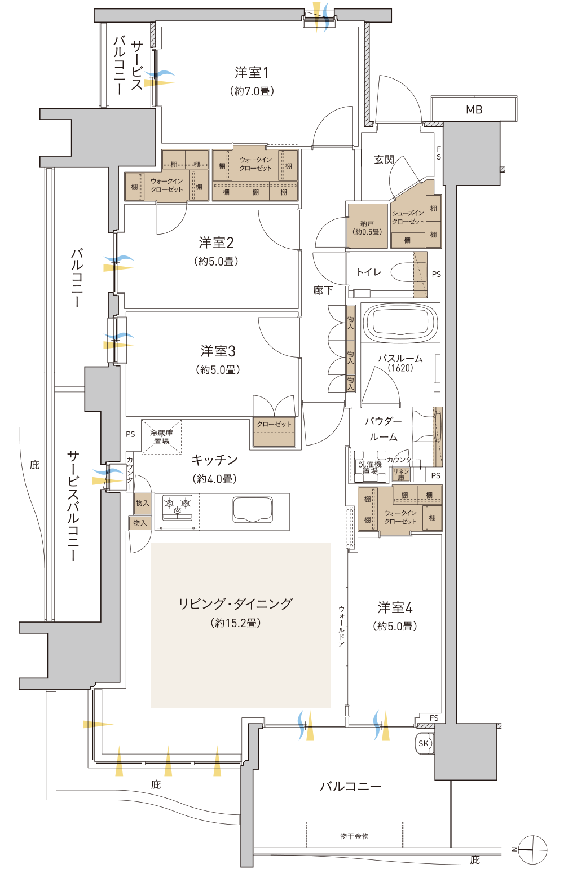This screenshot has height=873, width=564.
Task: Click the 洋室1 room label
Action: [x=252, y=73]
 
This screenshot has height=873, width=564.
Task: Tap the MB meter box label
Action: [x=474, y=109]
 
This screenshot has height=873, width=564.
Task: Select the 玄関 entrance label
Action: [x=384, y=160]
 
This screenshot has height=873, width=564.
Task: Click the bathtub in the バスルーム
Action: [x=400, y=323]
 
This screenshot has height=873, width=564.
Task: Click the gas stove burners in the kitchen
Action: [x=177, y=507]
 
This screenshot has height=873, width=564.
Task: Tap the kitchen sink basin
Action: [x=253, y=509]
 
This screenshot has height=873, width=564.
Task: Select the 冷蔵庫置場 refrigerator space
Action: [x=161, y=437]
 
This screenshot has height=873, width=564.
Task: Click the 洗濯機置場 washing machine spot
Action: [x=370, y=466]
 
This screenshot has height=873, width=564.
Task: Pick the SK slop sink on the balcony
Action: [x=424, y=743]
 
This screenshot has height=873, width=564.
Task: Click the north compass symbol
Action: [x=532, y=850]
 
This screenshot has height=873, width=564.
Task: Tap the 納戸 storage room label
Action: [x=367, y=228]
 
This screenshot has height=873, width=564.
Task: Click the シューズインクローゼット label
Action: [x=408, y=218]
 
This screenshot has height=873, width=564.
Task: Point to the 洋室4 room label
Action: [x=395, y=607]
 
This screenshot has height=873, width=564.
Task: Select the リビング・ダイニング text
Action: [x=235, y=603]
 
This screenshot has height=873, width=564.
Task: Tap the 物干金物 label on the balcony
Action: [x=354, y=836]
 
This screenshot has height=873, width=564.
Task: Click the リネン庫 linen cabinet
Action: [x=401, y=474]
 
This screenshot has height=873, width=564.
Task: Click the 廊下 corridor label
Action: [x=323, y=290]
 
